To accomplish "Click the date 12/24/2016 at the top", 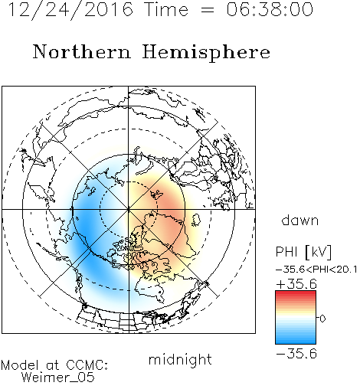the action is [70, 10].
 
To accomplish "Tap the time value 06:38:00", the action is [270, 9].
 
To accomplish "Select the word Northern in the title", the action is [82, 51].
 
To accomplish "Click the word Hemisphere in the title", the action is [206, 53].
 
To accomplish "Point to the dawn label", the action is [300, 220].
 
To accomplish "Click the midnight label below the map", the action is [180, 359].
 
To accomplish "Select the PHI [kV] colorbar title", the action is [303, 252].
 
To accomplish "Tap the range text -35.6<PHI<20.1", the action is [316, 270].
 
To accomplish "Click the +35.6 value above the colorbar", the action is [296, 284].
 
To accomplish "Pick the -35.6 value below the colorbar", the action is [296, 354].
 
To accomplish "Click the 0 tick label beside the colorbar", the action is [322, 319].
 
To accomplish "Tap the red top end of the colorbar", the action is [296, 293].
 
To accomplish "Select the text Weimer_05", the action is [58, 377].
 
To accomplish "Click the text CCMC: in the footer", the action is [87, 365].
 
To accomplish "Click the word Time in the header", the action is [166, 9].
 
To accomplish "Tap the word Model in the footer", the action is [20, 365].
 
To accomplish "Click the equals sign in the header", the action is [208, 10].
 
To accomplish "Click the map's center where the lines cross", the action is [129, 209].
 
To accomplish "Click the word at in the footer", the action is [53, 365].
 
